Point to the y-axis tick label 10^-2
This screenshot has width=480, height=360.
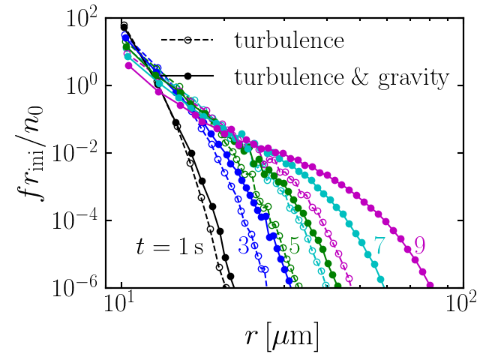pos(87,152)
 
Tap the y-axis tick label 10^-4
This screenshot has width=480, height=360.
pos(87,220)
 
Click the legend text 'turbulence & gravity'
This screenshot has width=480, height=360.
pos(341,76)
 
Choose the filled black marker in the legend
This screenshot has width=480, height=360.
pos(188,76)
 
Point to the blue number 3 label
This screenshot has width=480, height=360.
pos(244,245)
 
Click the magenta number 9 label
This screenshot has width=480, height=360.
pos(420,245)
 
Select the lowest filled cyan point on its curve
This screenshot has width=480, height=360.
pos(380,280)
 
